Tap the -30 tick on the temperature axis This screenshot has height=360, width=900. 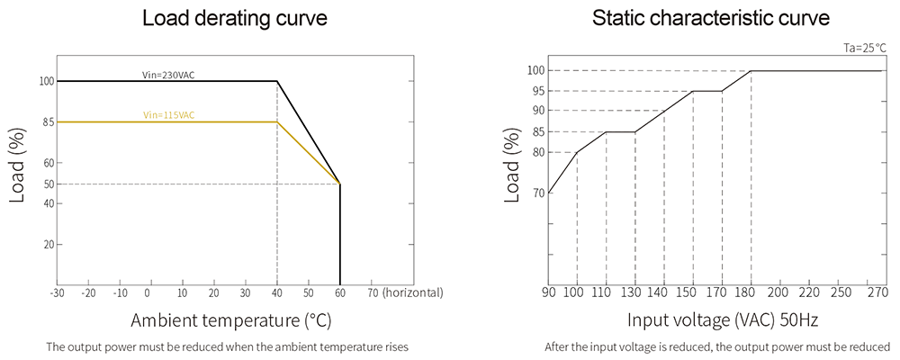coord(57,293)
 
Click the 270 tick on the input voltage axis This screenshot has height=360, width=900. coord(877,293)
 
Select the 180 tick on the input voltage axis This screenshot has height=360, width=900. coord(751,293)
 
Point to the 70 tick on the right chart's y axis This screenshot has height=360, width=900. coord(538,193)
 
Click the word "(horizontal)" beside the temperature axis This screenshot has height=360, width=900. coord(412,293)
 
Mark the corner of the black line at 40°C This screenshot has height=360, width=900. coord(276,81)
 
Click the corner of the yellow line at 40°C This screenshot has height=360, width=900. coord(276,121)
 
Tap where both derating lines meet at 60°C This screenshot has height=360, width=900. coord(339,184)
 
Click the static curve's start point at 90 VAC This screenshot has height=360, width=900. coord(549,193)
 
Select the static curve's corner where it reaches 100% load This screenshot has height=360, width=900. coord(751,70)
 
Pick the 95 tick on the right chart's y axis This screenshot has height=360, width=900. coord(538,91)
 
